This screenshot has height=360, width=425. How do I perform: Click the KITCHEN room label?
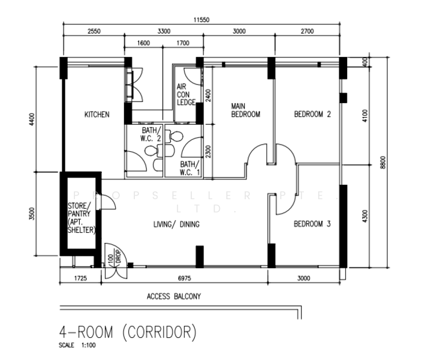click(x=97, y=115)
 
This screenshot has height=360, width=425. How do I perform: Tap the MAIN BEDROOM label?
click(x=246, y=110)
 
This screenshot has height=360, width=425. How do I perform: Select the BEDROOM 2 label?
click(x=312, y=114)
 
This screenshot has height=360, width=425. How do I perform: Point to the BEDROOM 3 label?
click(x=312, y=224)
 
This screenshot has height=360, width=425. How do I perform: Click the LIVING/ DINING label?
click(x=176, y=224)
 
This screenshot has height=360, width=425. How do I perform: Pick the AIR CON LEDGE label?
click(x=186, y=94)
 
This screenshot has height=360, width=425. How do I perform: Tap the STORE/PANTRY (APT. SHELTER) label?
click(x=82, y=218)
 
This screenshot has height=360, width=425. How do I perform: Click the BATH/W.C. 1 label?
click(x=190, y=168)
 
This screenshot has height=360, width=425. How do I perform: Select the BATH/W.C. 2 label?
click(x=151, y=134)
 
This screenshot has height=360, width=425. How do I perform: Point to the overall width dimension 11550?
click(x=201, y=20)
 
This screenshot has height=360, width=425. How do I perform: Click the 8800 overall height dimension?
click(x=382, y=162)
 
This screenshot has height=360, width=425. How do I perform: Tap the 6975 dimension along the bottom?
click(x=184, y=278)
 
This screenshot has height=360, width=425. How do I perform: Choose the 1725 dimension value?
click(x=80, y=278)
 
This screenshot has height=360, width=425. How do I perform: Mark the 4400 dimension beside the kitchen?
click(x=32, y=119)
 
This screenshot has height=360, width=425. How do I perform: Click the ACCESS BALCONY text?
click(x=174, y=296)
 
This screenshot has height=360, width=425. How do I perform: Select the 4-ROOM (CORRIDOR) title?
click(x=128, y=332)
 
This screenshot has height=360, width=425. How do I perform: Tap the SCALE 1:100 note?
click(x=77, y=346)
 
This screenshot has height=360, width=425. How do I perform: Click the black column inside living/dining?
click(x=200, y=257)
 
